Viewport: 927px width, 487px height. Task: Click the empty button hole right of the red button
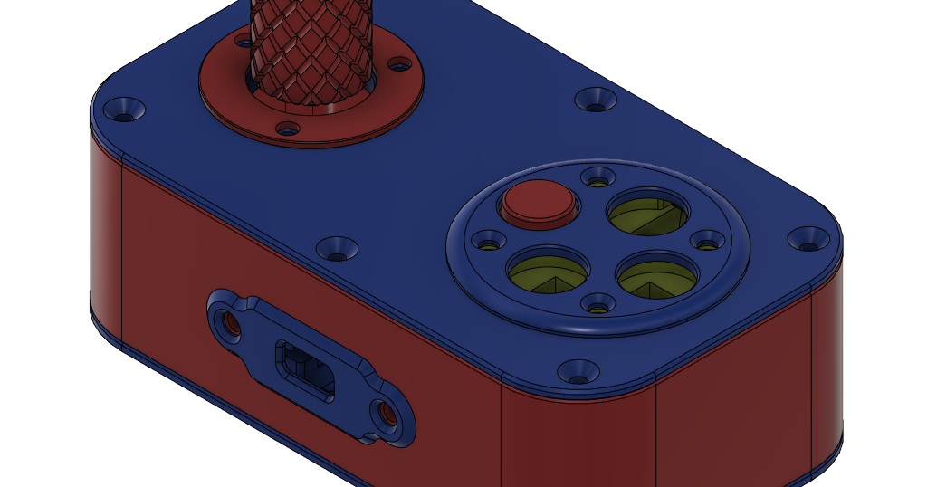648,213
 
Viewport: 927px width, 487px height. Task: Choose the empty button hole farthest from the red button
657,275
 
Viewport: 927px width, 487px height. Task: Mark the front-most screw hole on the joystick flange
287,129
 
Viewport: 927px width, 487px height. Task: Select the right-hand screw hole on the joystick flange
397,64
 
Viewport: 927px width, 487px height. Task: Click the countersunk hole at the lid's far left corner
124,110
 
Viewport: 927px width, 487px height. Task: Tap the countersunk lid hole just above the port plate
337,246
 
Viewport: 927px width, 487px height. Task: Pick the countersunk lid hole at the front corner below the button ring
577,370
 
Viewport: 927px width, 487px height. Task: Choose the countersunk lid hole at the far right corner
808,239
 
